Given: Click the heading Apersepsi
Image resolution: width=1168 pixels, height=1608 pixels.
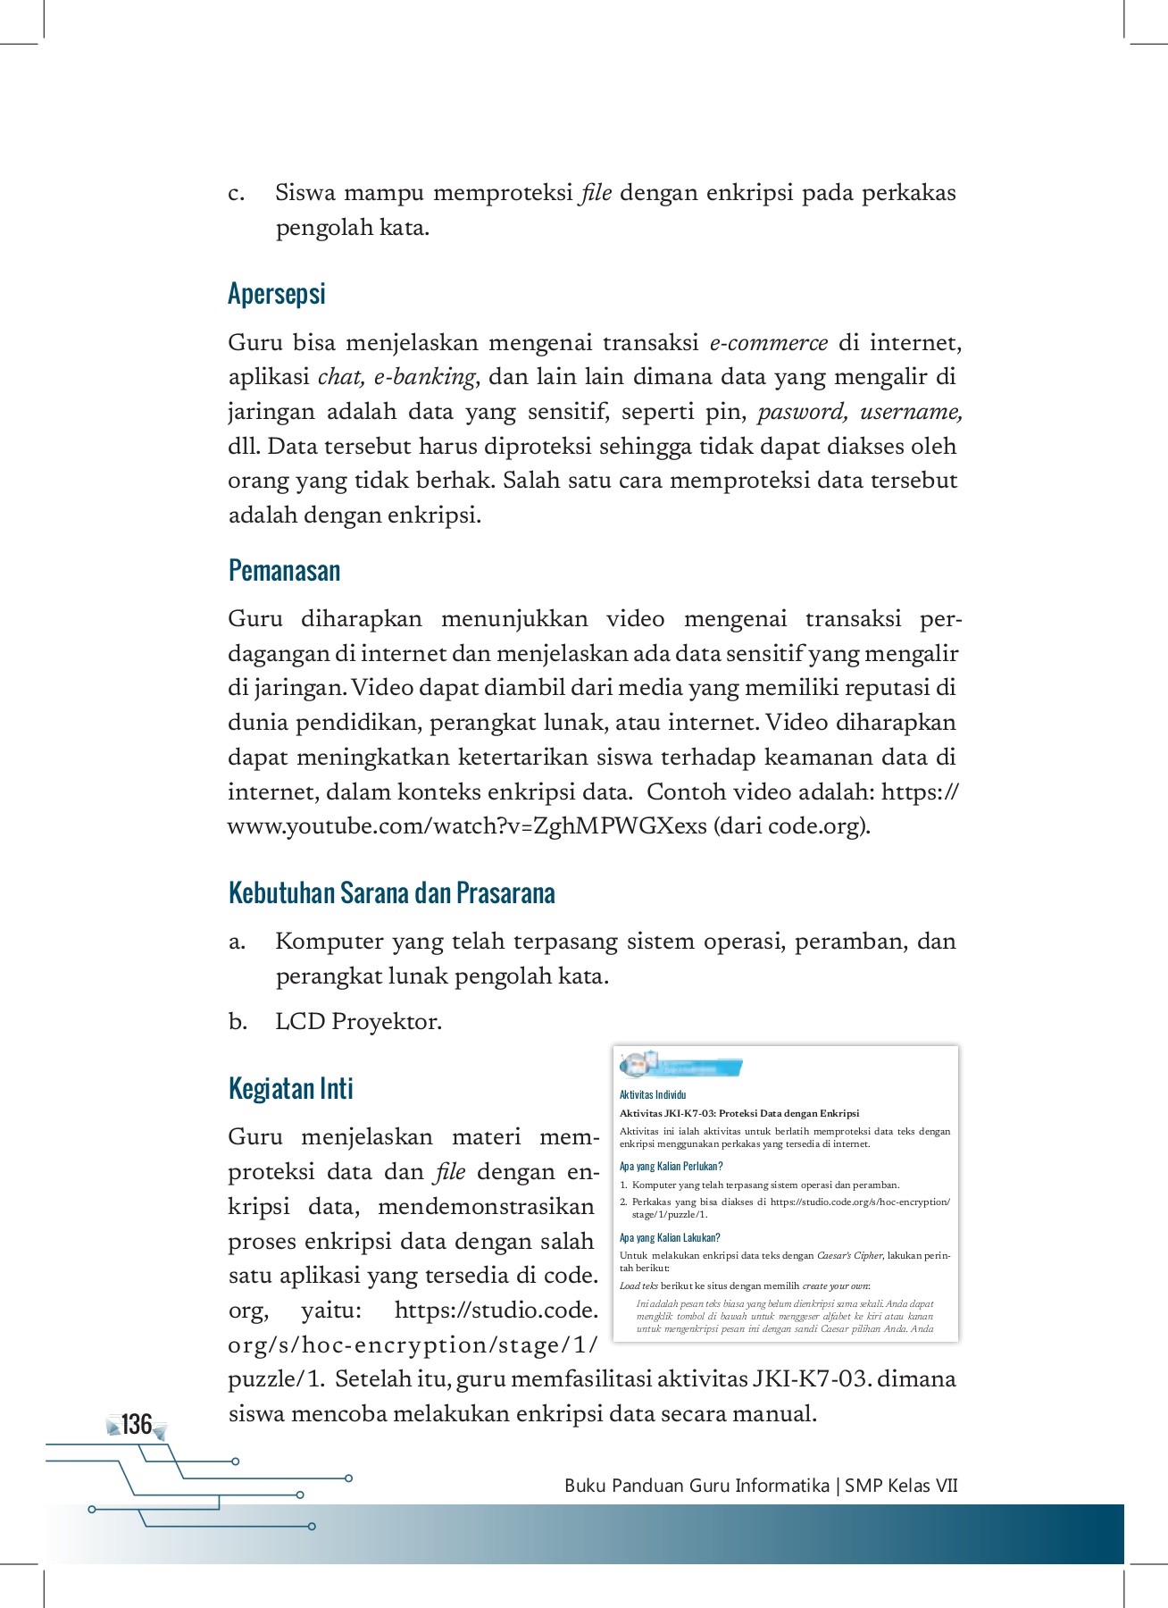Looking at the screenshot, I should pyautogui.click(x=277, y=294).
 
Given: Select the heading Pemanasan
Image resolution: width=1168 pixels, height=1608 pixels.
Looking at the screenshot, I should pyautogui.click(x=284, y=571).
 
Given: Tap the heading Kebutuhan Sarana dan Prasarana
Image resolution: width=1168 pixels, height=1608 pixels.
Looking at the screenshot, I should pyautogui.click(x=391, y=892).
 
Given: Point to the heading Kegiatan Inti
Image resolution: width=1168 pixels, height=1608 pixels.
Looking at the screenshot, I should pyautogui.click(x=291, y=1089).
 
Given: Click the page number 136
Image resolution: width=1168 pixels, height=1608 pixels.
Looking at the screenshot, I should pyautogui.click(x=137, y=1424).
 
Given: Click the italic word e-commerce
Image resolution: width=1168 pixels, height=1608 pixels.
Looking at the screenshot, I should pyautogui.click(x=769, y=343).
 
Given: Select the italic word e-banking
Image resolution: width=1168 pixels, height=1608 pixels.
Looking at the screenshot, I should pyautogui.click(x=424, y=377).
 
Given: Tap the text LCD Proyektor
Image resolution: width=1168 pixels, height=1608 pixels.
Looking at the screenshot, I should pyautogui.click(x=358, y=1022).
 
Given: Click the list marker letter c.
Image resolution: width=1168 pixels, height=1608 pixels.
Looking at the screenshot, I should pyautogui.click(x=236, y=194).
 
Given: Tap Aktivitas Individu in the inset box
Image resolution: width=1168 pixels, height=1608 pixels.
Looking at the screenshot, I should pyautogui.click(x=653, y=1094).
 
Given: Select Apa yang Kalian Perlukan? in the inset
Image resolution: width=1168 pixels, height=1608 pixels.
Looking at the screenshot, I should pyautogui.click(x=671, y=1166).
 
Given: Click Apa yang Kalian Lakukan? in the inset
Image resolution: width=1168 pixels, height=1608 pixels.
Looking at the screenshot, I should pyautogui.click(x=670, y=1237).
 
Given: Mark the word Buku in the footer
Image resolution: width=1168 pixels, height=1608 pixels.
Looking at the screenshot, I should pyautogui.click(x=586, y=1486).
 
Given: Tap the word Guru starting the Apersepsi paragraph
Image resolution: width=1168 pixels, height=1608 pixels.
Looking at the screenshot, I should pyautogui.click(x=254, y=343).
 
